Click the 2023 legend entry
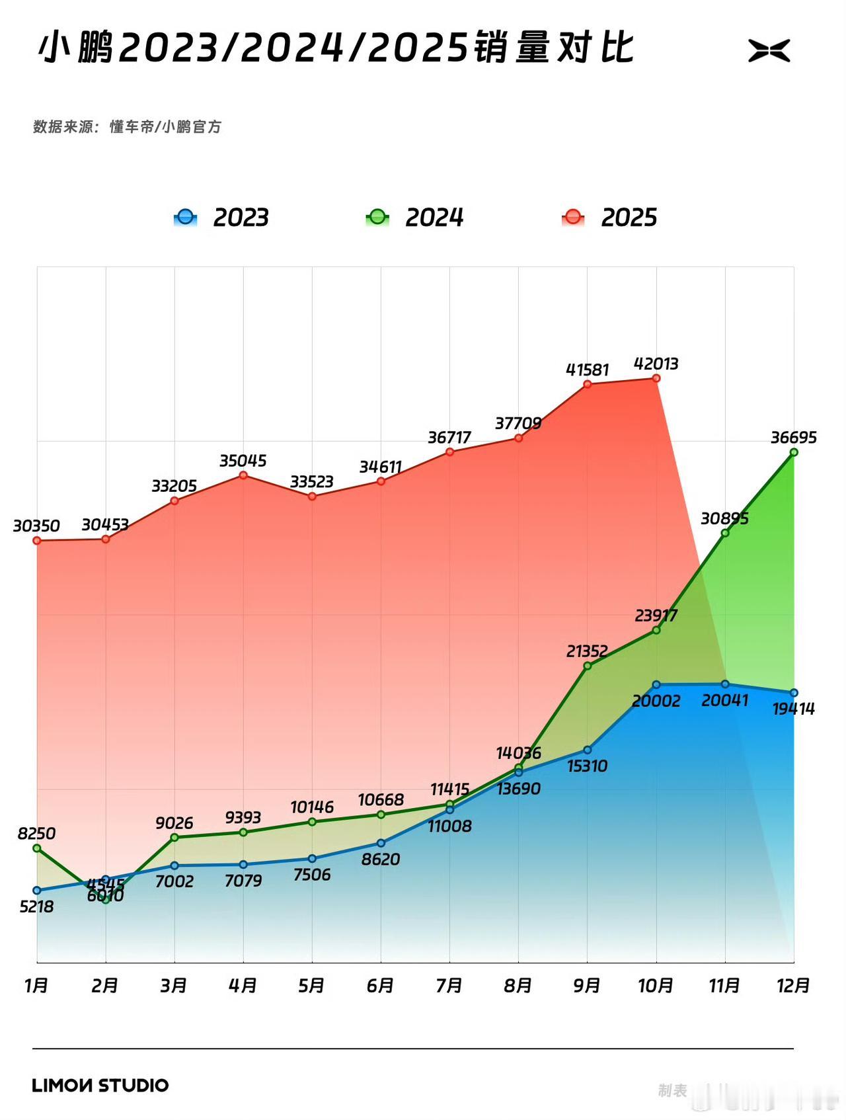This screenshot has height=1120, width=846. coord(221,218)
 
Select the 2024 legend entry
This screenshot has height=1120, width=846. coord(415,218)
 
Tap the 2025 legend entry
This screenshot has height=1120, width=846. coord(609,218)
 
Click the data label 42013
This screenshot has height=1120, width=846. coord(656,364)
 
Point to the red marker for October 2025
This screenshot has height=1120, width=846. coord(656,378)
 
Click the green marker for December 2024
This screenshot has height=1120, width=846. coord(794,452)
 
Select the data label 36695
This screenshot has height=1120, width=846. coord(793,437)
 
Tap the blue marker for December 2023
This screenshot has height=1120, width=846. coord(794,693)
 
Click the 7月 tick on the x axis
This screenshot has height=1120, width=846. coord(449,986)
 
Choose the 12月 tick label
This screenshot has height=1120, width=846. coord(793,986)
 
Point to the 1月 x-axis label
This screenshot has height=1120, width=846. coord(37,986)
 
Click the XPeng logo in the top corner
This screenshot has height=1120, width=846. coord(769,51)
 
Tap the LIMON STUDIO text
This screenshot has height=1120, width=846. coord(100,1085)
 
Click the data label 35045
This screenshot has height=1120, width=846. coord(243,460)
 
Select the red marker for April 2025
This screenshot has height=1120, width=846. coord(243,475)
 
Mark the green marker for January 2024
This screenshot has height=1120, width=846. coord(37,848)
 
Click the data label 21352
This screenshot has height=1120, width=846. coord(587,651)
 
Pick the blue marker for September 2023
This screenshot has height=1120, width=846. coord(588,750)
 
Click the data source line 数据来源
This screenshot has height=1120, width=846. coord(127,126)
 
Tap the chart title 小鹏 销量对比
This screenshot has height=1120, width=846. coord(336,48)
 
